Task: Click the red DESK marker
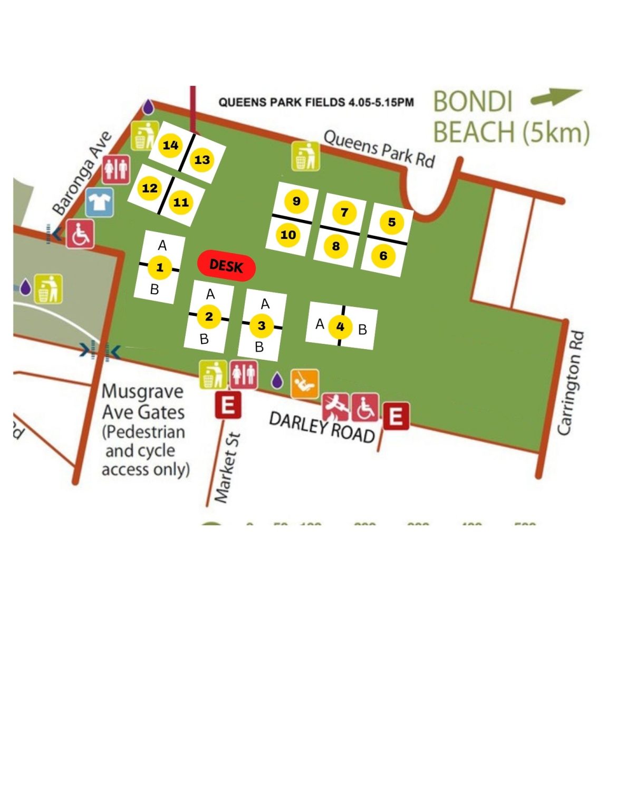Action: click(226, 266)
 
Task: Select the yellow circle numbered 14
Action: click(170, 144)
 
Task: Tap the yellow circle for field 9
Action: click(296, 201)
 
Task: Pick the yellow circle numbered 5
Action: click(391, 222)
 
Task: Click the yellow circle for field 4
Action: click(340, 327)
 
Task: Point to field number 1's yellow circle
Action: click(159, 267)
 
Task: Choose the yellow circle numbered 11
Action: click(181, 202)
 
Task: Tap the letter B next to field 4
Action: click(362, 330)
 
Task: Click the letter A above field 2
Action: click(210, 294)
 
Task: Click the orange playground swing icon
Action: click(305, 383)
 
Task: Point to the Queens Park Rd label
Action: click(379, 148)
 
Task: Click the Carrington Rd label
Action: click(571, 383)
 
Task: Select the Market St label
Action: click(228, 467)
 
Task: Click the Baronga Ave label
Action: click(82, 173)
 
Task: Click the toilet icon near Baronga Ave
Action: click(116, 169)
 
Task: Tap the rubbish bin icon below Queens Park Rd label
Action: click(305, 156)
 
